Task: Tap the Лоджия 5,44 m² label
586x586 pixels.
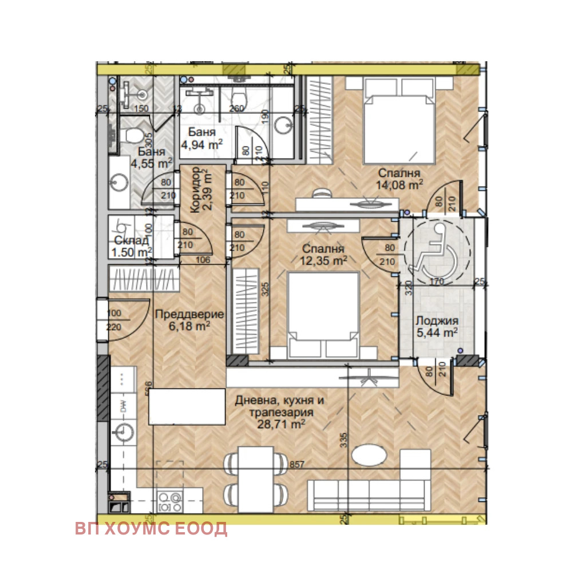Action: [436, 326]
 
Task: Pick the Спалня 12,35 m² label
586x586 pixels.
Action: [324, 255]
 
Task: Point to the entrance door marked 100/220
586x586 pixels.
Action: [114, 320]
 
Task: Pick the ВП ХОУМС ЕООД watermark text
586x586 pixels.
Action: [151, 529]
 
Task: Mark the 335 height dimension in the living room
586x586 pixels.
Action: [343, 439]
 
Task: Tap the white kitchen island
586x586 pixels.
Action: [187, 406]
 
